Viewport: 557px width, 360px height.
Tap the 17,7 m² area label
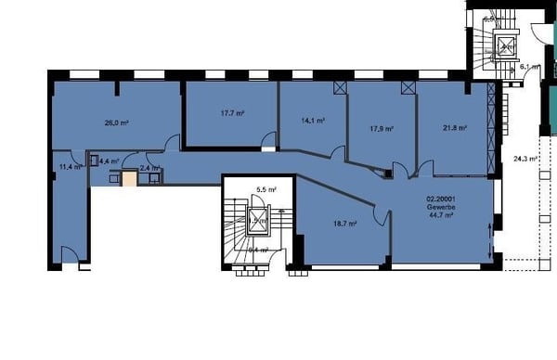pos(232,113)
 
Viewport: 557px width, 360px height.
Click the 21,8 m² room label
pos(454,129)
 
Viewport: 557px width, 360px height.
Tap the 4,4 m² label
pos(109,161)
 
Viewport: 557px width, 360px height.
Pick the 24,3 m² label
pos(526,159)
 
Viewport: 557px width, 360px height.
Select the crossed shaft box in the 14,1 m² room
pos(340,86)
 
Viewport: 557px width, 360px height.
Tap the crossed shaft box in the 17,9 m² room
pos(408,86)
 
